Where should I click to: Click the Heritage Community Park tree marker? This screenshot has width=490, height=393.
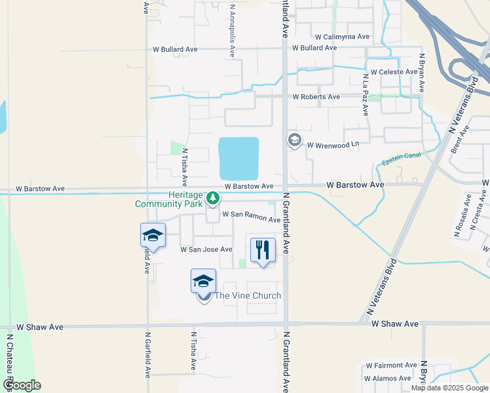(212, 197)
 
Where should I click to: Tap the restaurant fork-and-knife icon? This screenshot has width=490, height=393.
(263, 249)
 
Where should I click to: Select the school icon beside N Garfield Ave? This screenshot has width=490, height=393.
(153, 235)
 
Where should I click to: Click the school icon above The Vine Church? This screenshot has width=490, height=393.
(203, 281)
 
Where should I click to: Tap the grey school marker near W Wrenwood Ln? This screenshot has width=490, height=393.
(294, 140)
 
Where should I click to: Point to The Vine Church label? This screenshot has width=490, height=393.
(248, 295)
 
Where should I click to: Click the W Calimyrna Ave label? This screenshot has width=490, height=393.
(342, 37)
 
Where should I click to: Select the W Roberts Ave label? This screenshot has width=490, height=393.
(316, 97)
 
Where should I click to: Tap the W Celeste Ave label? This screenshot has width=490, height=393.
(394, 72)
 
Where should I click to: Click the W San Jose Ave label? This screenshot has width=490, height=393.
(206, 250)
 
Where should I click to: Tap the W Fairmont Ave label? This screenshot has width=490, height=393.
(392, 365)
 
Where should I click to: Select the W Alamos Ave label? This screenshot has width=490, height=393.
(389, 379)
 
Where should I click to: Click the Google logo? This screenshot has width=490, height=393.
(21, 385)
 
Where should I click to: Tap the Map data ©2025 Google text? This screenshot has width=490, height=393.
(449, 388)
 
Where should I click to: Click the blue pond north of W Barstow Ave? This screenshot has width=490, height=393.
(239, 159)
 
